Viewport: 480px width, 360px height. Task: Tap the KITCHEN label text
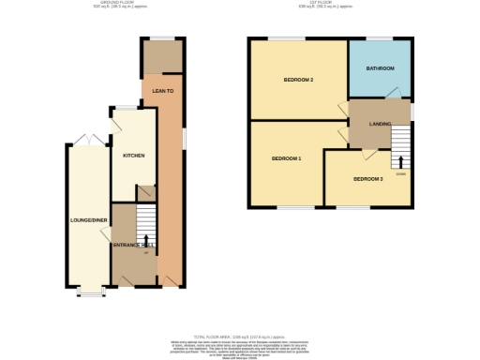click(x=132, y=155)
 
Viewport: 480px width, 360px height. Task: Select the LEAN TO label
click(x=163, y=91)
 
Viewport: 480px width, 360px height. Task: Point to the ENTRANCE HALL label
click(x=133, y=245)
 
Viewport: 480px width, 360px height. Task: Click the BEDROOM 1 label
click(x=286, y=158)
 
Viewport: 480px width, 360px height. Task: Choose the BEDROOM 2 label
click(x=297, y=80)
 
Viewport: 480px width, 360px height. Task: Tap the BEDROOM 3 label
click(x=367, y=178)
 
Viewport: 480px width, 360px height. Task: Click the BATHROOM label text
click(x=380, y=68)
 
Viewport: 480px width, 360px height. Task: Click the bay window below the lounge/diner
click(x=90, y=292)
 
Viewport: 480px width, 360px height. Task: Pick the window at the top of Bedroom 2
click(x=285, y=37)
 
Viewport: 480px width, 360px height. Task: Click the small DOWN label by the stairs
click(x=400, y=172)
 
